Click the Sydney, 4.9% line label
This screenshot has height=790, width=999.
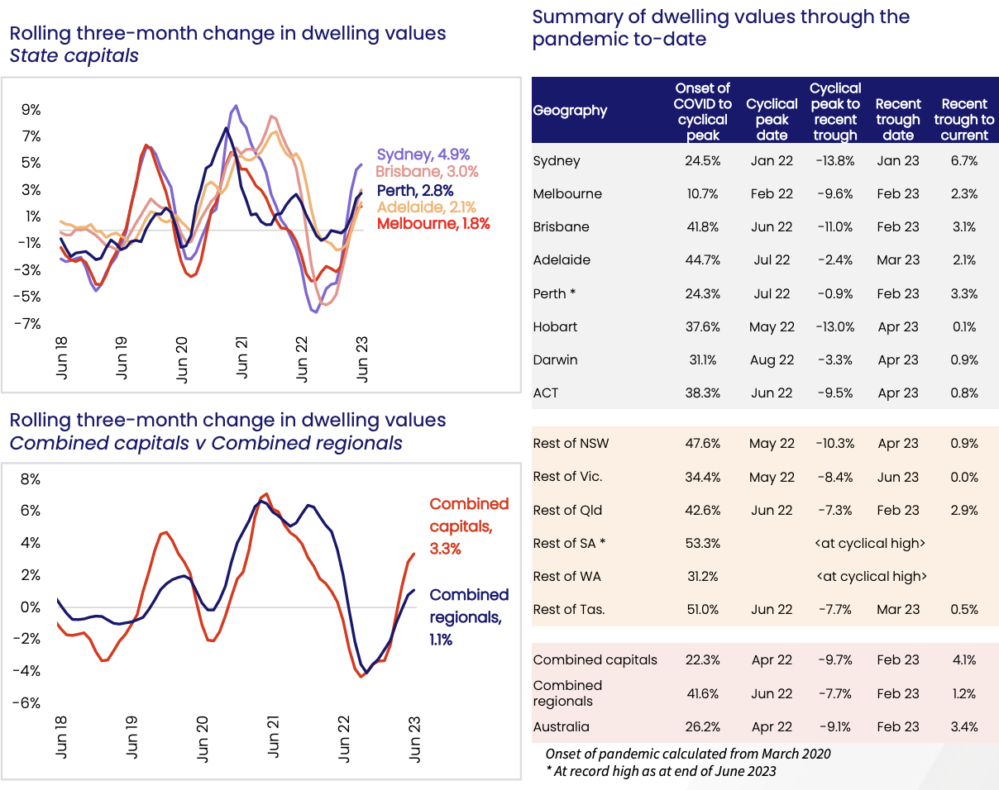(423, 154)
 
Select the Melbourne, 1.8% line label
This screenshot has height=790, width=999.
(433, 223)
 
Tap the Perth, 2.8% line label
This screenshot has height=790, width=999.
(415, 191)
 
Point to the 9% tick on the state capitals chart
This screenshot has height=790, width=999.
(31, 110)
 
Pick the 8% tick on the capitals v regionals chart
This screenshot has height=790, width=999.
(30, 479)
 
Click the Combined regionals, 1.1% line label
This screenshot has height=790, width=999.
(469, 616)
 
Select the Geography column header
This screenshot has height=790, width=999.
(570, 111)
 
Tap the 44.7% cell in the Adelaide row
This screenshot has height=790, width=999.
(702, 260)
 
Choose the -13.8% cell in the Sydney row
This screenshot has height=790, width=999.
(834, 161)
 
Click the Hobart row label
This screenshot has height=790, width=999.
(556, 327)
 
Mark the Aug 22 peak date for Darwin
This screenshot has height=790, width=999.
(772, 360)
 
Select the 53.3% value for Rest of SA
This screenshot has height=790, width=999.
(702, 544)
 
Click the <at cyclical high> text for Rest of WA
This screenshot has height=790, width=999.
(871, 577)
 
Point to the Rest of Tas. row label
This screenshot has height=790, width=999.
(569, 610)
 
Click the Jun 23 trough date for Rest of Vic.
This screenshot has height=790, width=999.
(898, 478)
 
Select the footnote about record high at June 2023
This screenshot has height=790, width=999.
(661, 772)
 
